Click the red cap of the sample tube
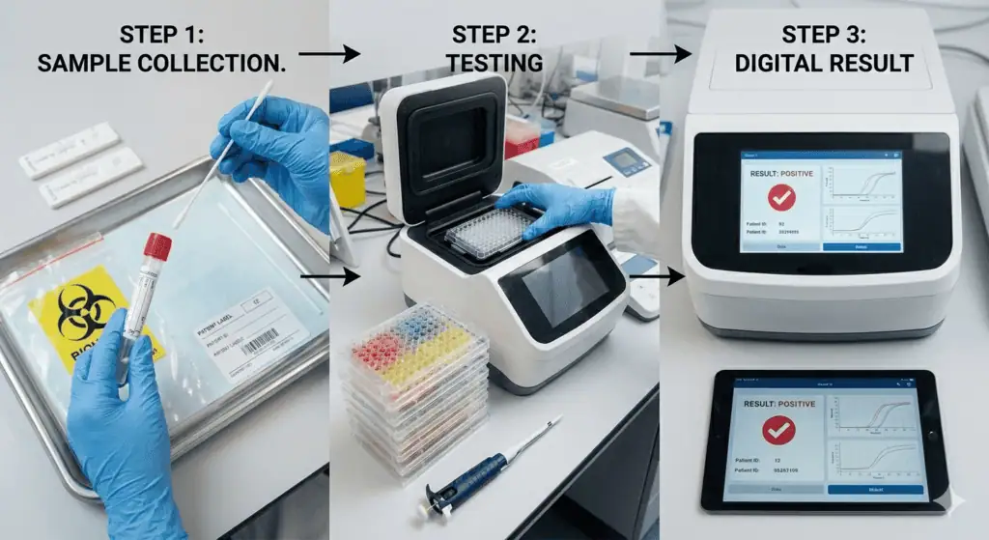click(x=157, y=246)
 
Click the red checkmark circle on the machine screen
click(x=780, y=198)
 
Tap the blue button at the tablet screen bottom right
click(x=874, y=489)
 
